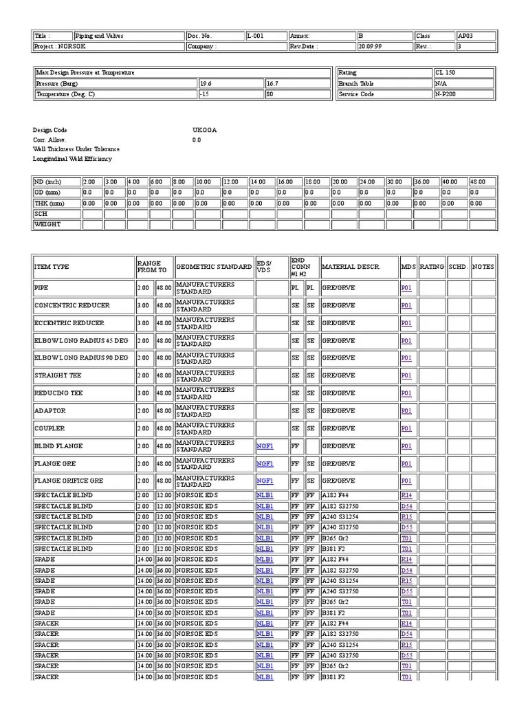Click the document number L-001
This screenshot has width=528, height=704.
[x=255, y=36]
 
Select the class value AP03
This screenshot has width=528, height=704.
[x=466, y=36]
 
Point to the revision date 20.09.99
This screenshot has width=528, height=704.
[x=371, y=47]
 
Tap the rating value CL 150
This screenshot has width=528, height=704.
[x=445, y=72]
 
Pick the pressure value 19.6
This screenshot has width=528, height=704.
[x=206, y=83]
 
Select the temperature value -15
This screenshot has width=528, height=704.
[x=204, y=94]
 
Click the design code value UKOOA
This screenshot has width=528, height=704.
[x=204, y=130]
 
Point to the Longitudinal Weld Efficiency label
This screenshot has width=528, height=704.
[x=72, y=159]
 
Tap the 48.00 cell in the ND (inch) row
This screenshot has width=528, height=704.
[x=478, y=182]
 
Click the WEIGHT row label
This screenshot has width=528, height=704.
[x=47, y=224]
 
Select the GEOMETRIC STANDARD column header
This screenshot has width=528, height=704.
[x=214, y=267]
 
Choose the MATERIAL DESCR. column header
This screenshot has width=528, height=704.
[x=351, y=267]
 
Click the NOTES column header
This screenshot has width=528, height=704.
[x=483, y=267]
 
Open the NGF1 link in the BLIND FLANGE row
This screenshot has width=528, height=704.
[x=265, y=446]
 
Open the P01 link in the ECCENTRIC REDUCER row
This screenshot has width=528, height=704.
[x=406, y=322]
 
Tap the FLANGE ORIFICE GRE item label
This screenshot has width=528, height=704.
[x=69, y=481]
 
